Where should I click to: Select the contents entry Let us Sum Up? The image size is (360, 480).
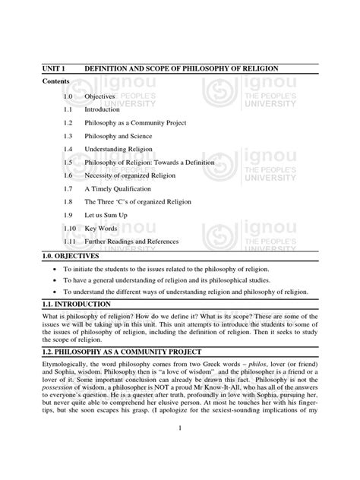pyautogui.click(x=105, y=215)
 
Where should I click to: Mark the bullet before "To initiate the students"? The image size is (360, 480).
pyautogui.click(x=55, y=270)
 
